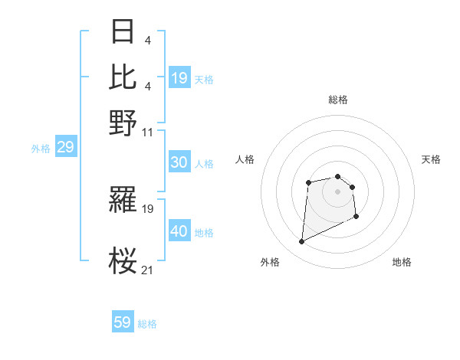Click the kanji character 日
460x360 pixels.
click(x=123, y=32)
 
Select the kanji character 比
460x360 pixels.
click(x=123, y=77)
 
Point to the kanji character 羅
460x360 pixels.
click(x=123, y=201)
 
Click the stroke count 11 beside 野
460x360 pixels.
click(x=148, y=132)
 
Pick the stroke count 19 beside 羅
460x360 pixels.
click(x=148, y=208)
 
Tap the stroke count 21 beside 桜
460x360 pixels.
click(x=148, y=270)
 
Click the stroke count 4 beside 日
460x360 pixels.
click(x=147, y=40)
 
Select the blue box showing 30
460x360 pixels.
click(x=179, y=162)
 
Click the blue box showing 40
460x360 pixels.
click(x=179, y=231)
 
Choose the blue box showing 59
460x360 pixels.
click(x=123, y=322)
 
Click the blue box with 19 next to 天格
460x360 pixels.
click(x=179, y=78)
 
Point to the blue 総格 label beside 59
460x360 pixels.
click(x=148, y=324)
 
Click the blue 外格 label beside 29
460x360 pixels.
click(x=41, y=149)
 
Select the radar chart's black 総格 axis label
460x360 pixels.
click(x=338, y=100)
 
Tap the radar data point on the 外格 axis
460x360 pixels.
click(x=301, y=242)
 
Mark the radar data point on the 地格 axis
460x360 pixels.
click(x=356, y=218)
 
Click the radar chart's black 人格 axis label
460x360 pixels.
click(x=245, y=159)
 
